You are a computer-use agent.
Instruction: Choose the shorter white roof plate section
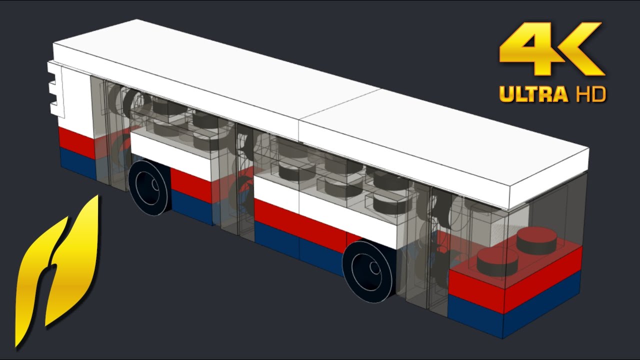445,145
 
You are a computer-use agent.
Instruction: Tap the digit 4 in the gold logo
525,50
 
